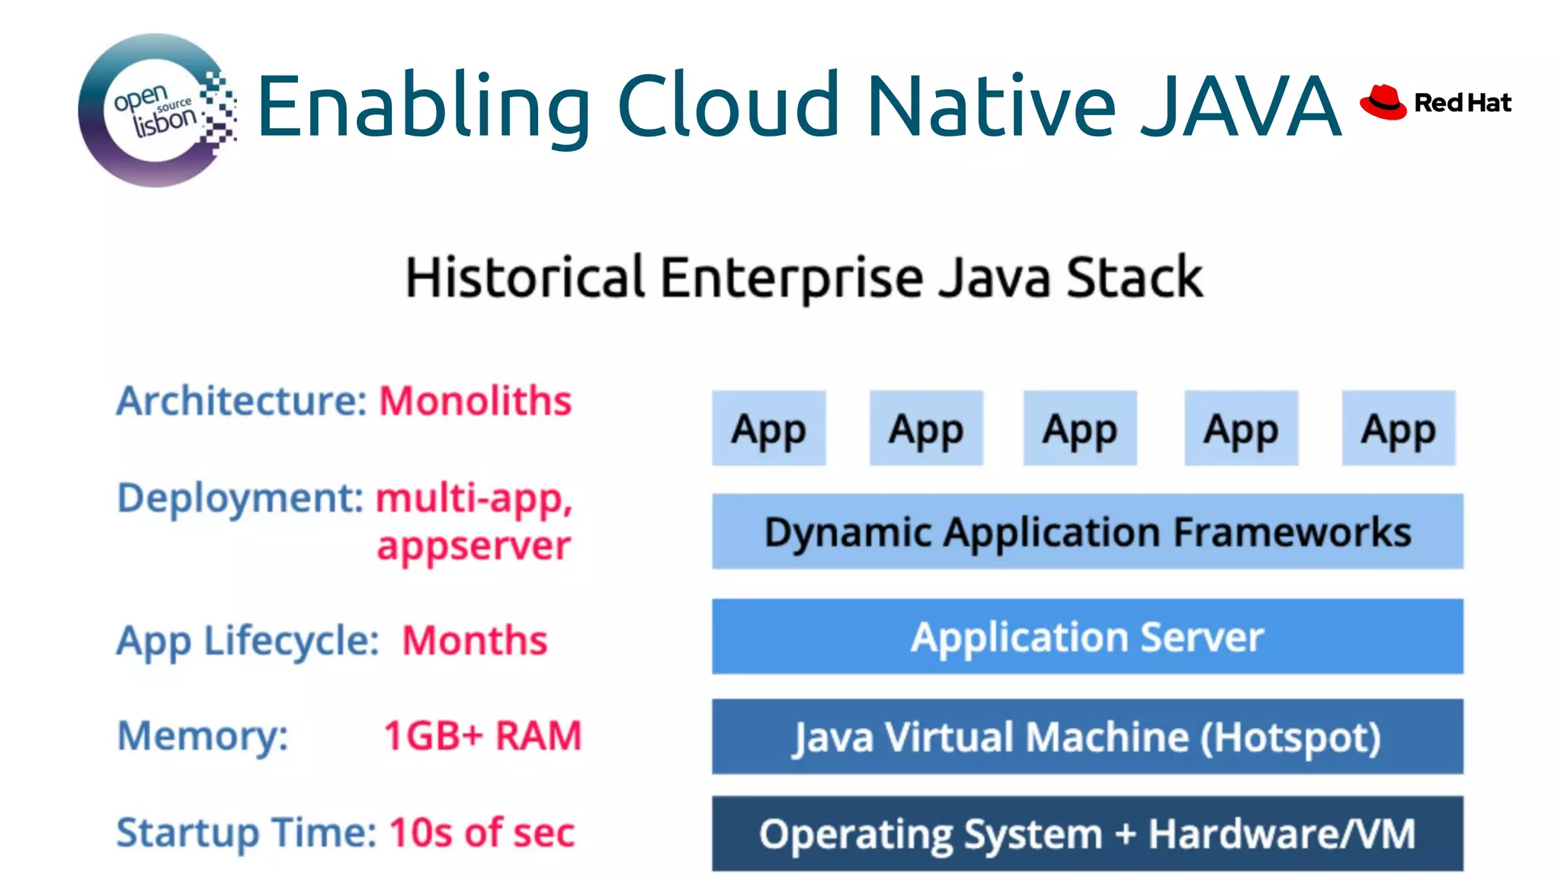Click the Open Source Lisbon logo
pos(156,111)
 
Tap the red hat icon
pos(1383,102)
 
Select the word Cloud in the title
pos(728,106)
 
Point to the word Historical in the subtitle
pos(525,277)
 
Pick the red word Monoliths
pos(475,401)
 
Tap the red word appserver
pos(473,546)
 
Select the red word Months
pos(474,640)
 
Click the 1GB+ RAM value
pos(482,736)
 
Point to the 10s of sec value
pos(482,832)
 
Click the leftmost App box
pos(768,428)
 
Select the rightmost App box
pos(1398,428)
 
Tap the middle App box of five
pos(1079,428)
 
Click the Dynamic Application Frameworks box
pos(1087,532)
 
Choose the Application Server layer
pos(1087,637)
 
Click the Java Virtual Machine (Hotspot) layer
pos(1087,737)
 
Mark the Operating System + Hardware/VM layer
pos(1087,834)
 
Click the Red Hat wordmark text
pos(1462,103)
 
